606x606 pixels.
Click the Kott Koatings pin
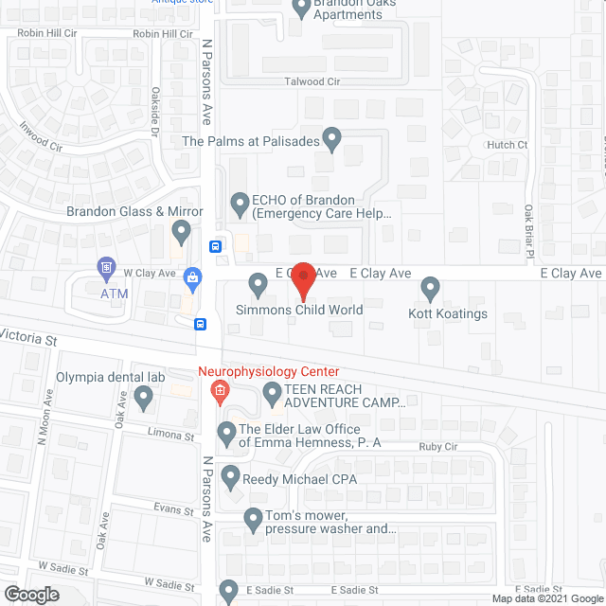point(431,285)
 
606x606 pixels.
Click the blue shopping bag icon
point(193,277)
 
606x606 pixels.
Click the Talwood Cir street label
point(312,82)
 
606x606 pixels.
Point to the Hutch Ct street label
point(508,145)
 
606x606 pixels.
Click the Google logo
point(30,594)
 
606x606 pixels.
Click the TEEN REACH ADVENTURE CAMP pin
point(273,391)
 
